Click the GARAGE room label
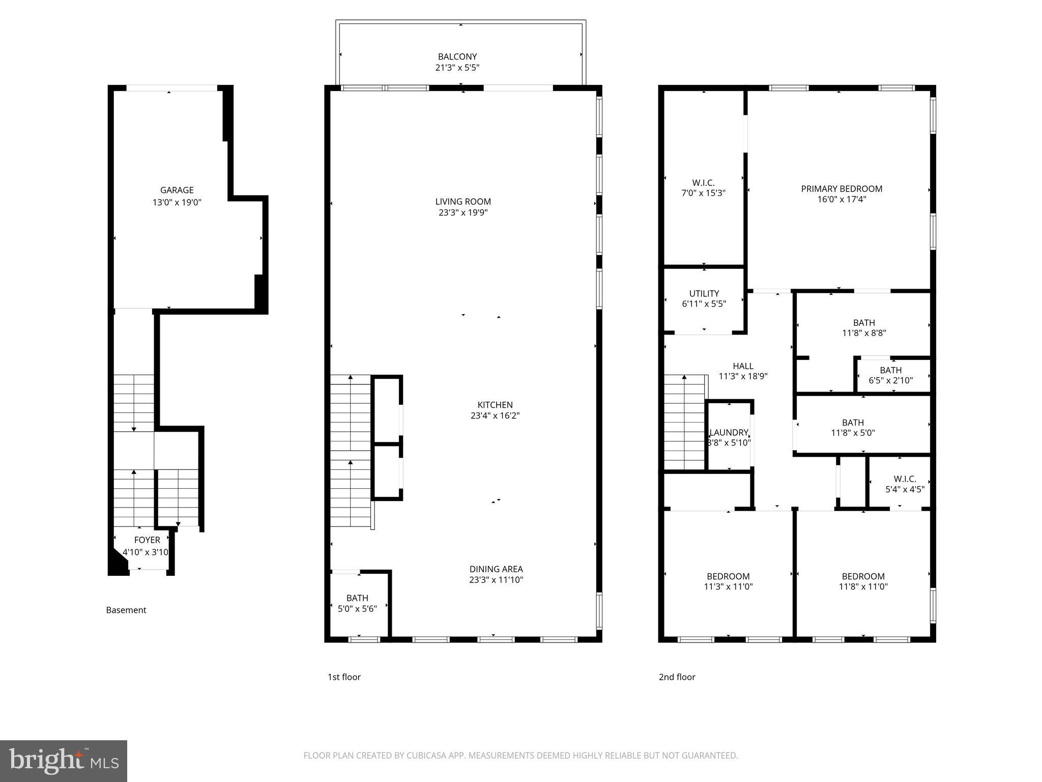177,190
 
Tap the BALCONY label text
457,57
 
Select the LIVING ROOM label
463,202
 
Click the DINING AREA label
496,569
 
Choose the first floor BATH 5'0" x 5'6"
357,603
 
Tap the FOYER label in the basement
147,540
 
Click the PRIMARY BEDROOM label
842,189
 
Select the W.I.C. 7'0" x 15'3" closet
703,188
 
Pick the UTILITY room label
704,294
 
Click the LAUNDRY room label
729,433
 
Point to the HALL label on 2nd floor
743,366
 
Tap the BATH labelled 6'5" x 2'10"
890,375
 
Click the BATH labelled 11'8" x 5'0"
853,428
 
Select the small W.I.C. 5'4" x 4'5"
905,484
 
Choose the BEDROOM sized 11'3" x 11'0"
728,581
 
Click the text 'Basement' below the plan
126,610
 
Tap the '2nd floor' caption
677,677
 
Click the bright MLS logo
64,761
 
